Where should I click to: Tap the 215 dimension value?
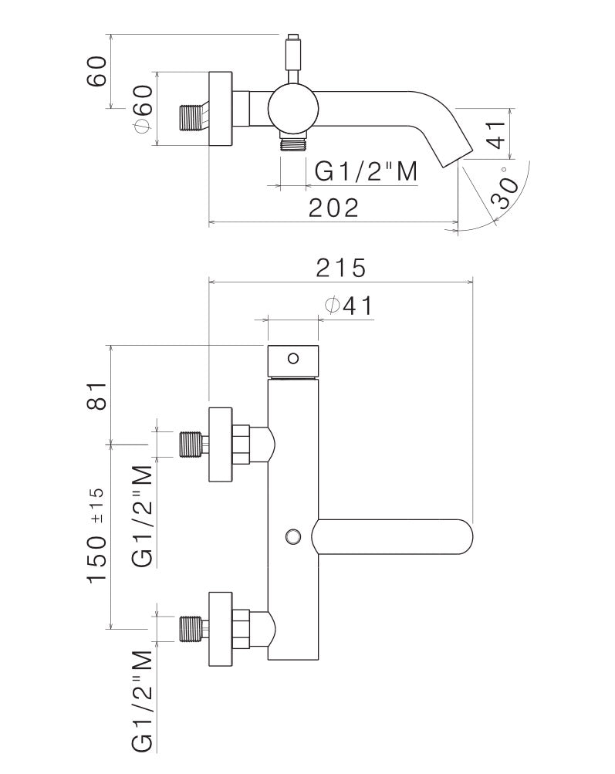(340, 268)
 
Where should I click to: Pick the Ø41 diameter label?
(349, 306)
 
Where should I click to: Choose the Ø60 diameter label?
(144, 107)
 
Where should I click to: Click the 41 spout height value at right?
(496, 133)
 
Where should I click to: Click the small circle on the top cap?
(292, 358)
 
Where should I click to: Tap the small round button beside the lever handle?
(292, 536)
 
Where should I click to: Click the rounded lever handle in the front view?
(394, 536)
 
